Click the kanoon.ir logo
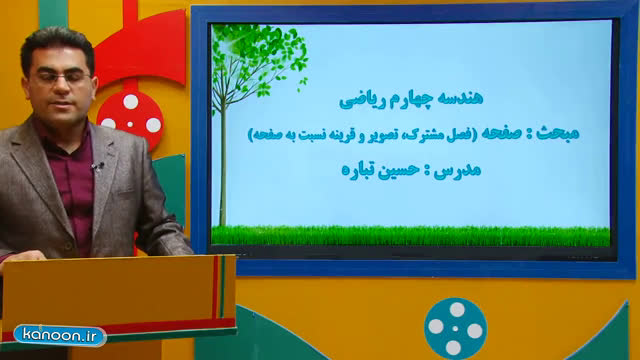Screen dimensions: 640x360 (x=60, y=336)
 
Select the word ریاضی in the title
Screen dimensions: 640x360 (x=357, y=100)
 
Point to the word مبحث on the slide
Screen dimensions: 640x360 (x=558, y=133)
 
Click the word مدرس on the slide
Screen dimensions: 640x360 (x=457, y=170)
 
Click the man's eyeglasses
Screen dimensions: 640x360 (x=61, y=78)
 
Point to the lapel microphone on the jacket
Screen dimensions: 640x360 (x=98, y=166)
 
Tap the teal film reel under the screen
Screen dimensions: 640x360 (x=456, y=329)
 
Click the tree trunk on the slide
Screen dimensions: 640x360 (x=223, y=163)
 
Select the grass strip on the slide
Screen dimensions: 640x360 (x=411, y=236)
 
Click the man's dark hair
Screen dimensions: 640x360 (x=56, y=47)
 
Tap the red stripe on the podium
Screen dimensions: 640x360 (x=215, y=287)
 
